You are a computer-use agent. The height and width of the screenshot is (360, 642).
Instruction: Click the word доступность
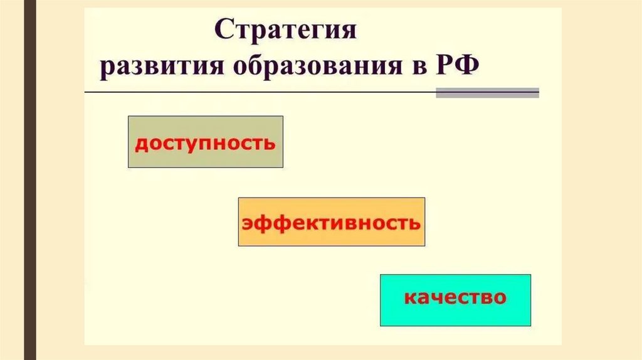pos(205,142)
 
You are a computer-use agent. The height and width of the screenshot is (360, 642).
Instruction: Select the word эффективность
pos(331,223)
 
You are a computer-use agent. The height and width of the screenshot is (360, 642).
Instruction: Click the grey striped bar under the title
pos(487,93)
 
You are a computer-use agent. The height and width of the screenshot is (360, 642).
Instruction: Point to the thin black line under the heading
pos(251,93)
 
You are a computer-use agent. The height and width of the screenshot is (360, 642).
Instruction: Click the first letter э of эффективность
pos(247,223)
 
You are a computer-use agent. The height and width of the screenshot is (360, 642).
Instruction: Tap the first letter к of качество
pos(408,297)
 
